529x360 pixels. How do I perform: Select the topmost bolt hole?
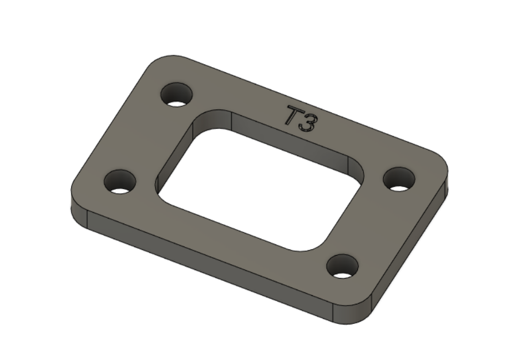coord(177,95)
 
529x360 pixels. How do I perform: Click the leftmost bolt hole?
coord(120,182)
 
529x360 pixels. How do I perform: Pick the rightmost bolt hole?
coord(399,179)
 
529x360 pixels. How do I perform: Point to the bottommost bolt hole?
coord(343,266)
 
